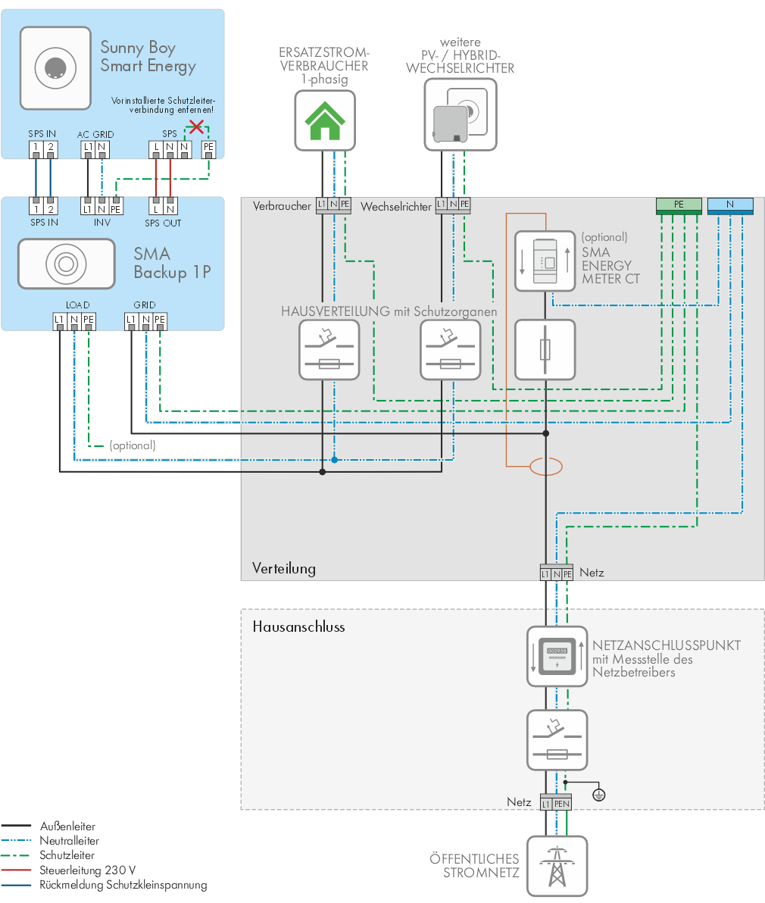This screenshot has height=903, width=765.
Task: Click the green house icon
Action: tap(325, 120)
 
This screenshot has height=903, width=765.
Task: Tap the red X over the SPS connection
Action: tap(196, 127)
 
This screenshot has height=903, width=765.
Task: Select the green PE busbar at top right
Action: tap(679, 205)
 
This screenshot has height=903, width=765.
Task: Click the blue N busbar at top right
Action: tap(730, 205)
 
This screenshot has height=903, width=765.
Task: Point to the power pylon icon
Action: tap(557, 866)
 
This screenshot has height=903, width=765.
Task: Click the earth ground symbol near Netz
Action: tap(599, 795)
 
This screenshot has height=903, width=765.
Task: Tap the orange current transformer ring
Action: tap(545, 467)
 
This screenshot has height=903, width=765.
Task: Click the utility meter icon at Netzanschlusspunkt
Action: tap(557, 656)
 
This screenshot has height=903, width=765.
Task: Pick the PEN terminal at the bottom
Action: tap(563, 803)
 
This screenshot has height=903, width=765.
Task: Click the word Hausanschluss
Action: tap(298, 627)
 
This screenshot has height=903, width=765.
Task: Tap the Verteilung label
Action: tap(284, 568)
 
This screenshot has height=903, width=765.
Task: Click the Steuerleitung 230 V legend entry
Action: tap(87, 870)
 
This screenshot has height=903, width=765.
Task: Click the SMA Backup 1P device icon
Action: tap(67, 264)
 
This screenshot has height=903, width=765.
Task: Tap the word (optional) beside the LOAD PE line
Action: tap(133, 445)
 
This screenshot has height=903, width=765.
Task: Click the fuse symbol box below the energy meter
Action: tap(545, 350)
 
